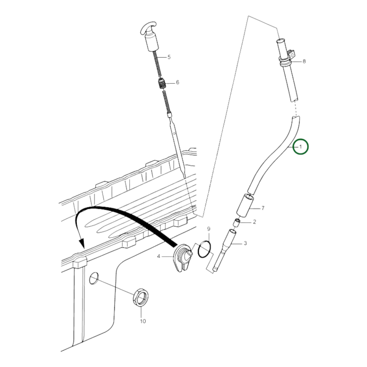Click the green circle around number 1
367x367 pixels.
click(300, 147)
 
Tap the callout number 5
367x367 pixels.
click(169, 57)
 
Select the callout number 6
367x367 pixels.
click(177, 82)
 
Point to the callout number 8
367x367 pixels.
click(304, 61)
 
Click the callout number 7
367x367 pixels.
click(263, 208)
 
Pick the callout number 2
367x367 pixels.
click(254, 222)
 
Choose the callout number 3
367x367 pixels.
click(245, 243)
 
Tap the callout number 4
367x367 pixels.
click(159, 256)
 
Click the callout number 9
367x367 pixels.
click(209, 229)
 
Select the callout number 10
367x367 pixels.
click(143, 321)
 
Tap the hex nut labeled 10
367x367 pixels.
click(141, 297)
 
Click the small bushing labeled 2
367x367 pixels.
click(237, 223)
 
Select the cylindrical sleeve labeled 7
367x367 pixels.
click(245, 205)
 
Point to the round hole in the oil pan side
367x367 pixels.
click(93, 278)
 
